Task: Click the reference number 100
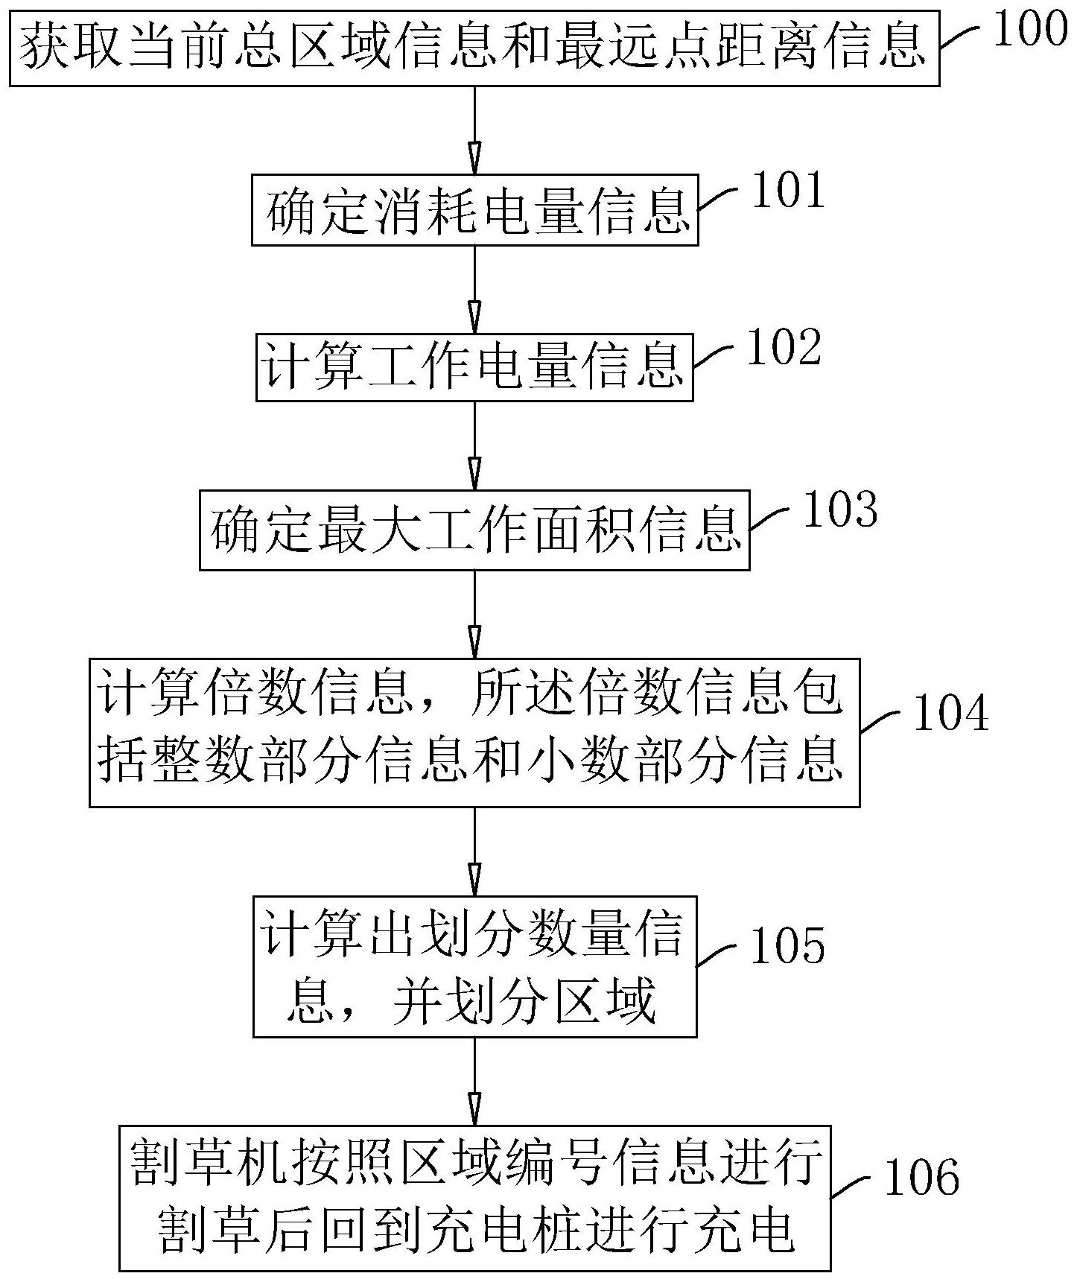click(x=1031, y=30)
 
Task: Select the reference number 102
click(x=784, y=349)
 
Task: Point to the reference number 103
click(x=840, y=510)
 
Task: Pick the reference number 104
click(x=951, y=713)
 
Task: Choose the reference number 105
click(x=788, y=946)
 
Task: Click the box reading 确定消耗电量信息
click(x=475, y=210)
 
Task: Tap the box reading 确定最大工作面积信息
click(x=474, y=530)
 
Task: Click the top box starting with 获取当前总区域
click(x=474, y=48)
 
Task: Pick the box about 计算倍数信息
click(x=474, y=732)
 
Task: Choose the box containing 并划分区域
click(x=474, y=967)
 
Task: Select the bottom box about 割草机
click(x=474, y=1198)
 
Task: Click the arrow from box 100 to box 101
click(x=474, y=130)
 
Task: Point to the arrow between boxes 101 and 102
click(x=474, y=291)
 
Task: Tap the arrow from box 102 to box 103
click(x=474, y=445)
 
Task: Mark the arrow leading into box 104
click(x=474, y=614)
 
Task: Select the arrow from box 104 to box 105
click(x=474, y=851)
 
